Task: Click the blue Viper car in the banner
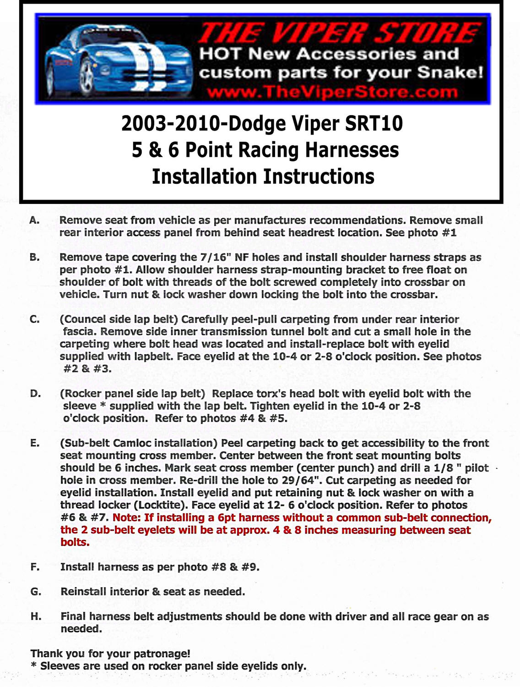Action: click(117, 62)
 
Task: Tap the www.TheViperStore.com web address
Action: click(332, 93)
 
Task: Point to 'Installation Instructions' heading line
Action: click(263, 177)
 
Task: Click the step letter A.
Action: click(34, 220)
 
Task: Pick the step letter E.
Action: click(35, 443)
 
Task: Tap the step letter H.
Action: click(36, 616)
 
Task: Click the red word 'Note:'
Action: click(127, 518)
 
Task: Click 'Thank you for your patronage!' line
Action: click(110, 654)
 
